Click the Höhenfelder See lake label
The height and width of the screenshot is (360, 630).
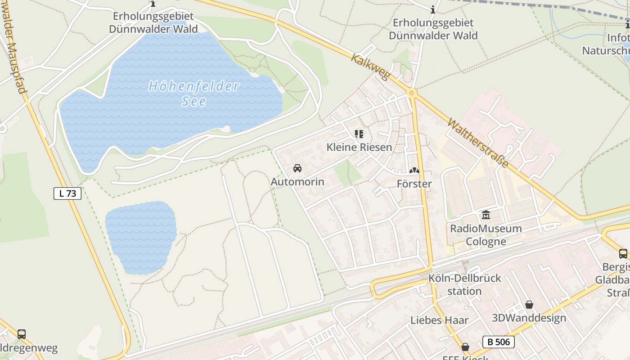coord(194,93)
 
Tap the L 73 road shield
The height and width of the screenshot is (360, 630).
coord(67,193)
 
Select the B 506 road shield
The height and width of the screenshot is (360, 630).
coord(499,342)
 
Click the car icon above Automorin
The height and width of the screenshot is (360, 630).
coord(297,168)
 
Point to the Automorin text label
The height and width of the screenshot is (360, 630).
coord(297,182)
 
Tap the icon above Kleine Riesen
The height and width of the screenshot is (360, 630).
coord(359,134)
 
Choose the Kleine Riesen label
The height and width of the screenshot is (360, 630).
coord(359,147)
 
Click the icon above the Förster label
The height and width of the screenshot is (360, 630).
coord(414,171)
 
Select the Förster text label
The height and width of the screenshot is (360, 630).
coord(414,184)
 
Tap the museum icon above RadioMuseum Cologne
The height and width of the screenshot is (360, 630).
coord(486,215)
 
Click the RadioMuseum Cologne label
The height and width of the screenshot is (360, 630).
coord(486,235)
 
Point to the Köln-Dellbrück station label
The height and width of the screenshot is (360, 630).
coord(464,284)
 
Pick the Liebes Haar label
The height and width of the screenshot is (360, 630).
coord(439,320)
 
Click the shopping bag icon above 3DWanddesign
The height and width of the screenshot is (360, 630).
coord(529,305)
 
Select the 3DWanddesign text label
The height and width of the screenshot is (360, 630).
coord(529,318)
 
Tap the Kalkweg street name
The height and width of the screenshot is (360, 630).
coord(369,67)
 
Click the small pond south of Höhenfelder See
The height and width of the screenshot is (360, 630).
coord(140,238)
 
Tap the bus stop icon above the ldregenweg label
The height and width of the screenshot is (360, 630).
coord(21,334)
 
